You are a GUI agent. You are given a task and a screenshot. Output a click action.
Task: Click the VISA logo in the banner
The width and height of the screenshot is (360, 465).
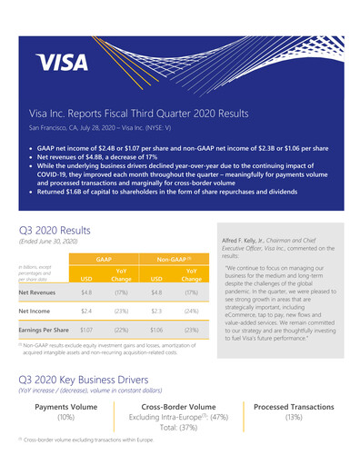pos(61,63)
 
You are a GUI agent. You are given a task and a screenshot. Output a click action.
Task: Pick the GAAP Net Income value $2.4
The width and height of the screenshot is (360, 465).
pos(86,312)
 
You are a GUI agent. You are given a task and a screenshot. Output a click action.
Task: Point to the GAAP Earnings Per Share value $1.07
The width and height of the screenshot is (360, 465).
pos(86,331)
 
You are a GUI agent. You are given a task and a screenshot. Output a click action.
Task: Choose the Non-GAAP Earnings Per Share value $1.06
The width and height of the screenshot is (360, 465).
pos(158,331)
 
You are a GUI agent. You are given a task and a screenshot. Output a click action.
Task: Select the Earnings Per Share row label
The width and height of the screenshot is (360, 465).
pos(45,331)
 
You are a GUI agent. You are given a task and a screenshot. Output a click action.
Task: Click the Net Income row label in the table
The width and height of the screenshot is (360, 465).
pos(35,312)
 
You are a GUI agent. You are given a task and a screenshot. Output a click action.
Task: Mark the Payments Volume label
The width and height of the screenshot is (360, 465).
pos(65,407)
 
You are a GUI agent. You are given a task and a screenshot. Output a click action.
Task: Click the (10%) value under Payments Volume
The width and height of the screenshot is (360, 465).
pos(65,417)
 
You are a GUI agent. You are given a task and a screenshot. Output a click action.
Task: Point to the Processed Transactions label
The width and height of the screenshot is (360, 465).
pos(294,407)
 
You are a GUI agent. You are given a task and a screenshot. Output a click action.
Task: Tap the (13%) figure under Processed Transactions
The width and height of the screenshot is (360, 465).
pos(294,417)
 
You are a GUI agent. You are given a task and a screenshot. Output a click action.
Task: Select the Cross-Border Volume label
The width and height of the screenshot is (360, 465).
pos(179,407)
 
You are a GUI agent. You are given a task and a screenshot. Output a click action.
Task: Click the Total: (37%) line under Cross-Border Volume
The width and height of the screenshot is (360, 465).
pos(179,427)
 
